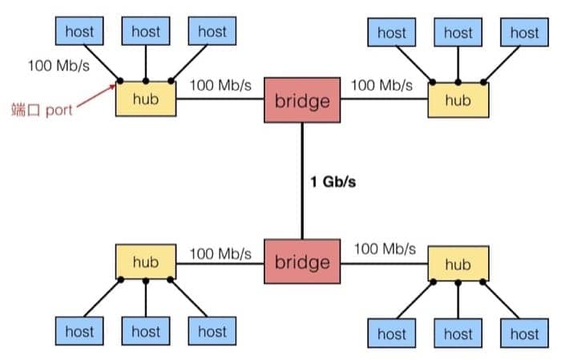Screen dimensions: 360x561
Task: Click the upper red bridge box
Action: click(302, 100)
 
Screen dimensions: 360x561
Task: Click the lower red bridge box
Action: click(302, 262)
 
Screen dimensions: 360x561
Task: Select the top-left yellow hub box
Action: click(146, 99)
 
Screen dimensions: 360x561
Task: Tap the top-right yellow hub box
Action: click(458, 100)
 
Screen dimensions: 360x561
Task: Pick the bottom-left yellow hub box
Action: click(146, 262)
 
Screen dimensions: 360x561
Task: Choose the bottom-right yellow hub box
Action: click(458, 264)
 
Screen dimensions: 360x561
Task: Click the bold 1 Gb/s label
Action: click(333, 181)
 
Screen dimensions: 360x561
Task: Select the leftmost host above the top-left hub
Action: click(79, 32)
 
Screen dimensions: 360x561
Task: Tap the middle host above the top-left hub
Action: click(146, 32)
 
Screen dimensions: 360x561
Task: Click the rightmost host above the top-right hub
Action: click(524, 33)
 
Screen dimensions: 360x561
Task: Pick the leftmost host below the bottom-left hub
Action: click(79, 331)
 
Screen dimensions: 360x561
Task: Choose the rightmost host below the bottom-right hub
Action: click(524, 333)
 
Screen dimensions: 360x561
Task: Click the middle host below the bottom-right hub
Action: click(458, 333)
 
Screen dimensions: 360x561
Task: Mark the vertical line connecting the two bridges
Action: click(302, 181)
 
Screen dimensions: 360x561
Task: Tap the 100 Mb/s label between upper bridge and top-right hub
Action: click(381, 84)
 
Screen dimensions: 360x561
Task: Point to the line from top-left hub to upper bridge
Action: click(220, 99)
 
